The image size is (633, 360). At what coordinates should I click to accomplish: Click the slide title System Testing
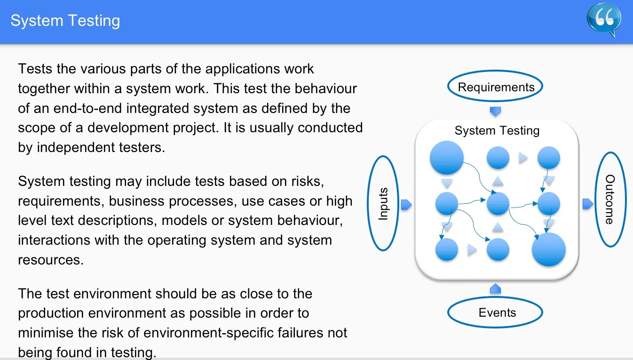[65, 21]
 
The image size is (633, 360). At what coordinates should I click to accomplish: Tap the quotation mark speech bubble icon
[604, 19]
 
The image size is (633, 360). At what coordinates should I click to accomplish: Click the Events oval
[497, 313]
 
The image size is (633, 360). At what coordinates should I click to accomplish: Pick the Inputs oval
[384, 203]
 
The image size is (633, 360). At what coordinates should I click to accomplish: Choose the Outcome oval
[609, 200]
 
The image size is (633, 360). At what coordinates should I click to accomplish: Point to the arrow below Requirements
[495, 112]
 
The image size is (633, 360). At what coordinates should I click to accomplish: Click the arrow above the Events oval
[495, 288]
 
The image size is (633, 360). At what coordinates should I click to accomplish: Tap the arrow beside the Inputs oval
[406, 204]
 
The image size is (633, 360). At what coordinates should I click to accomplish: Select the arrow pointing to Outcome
[587, 204]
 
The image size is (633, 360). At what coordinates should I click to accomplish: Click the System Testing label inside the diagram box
[497, 131]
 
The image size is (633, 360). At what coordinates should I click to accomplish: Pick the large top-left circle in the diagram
[447, 158]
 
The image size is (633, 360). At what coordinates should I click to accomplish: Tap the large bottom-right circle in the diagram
[548, 249]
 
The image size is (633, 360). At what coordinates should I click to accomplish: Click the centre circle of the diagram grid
[498, 204]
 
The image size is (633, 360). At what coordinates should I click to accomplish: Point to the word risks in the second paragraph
[306, 181]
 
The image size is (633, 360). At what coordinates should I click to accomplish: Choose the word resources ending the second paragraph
[50, 260]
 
